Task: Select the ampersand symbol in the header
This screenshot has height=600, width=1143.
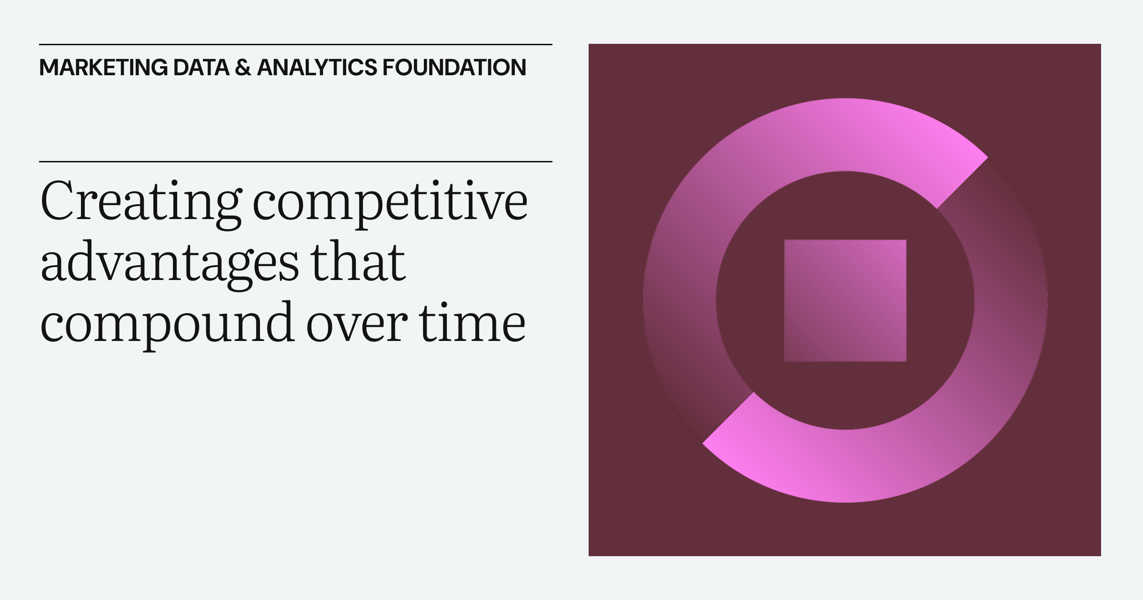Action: (x=243, y=68)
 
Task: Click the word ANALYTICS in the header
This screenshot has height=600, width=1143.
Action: (x=317, y=68)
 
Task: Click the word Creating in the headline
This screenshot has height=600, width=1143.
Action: (x=141, y=202)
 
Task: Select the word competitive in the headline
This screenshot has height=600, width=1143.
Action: (x=390, y=202)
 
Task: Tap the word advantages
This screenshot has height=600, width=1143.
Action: (x=170, y=263)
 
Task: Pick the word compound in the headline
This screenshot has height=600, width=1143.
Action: (x=167, y=324)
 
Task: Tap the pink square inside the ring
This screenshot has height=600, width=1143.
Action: (x=845, y=300)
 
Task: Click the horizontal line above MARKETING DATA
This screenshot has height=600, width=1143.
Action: (x=295, y=45)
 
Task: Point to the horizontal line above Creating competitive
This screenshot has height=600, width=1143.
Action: (x=295, y=162)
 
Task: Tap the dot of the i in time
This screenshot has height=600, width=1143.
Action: (x=443, y=305)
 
